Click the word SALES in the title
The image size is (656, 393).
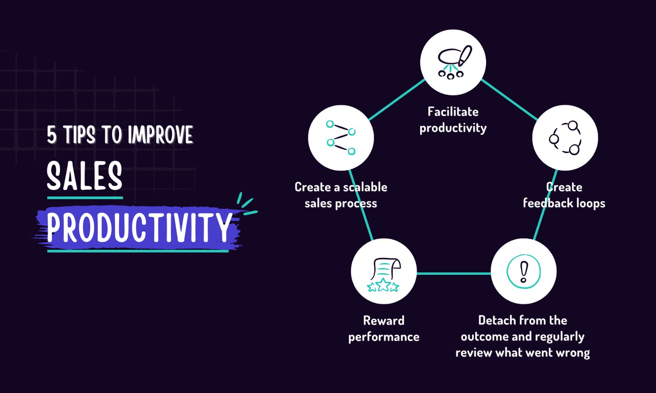pyautogui.click(x=84, y=176)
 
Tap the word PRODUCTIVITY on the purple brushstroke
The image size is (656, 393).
pyautogui.click(x=139, y=227)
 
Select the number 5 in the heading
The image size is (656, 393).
pyautogui.click(x=52, y=135)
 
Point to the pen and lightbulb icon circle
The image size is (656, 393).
pyautogui.click(x=453, y=62)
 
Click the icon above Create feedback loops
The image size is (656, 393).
pyautogui.click(x=565, y=138)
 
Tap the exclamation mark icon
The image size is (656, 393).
pyautogui.click(x=523, y=271)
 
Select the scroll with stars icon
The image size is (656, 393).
pyautogui.click(x=384, y=274)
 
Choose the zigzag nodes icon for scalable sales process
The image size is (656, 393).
pyautogui.click(x=341, y=138)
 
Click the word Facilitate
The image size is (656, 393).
pyautogui.click(x=453, y=112)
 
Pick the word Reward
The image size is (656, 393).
pyautogui.click(x=384, y=320)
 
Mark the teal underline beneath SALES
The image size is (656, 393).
pyautogui.click(x=85, y=198)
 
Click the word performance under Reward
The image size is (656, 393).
pyautogui.click(x=384, y=337)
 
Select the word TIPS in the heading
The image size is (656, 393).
pyautogui.click(x=79, y=135)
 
